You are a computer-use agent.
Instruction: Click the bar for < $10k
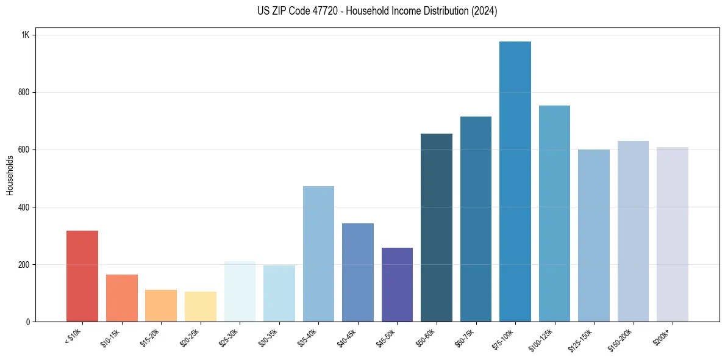82,276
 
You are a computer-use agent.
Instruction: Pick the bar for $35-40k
318,254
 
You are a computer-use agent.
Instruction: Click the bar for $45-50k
397,284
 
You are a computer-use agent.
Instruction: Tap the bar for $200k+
672,234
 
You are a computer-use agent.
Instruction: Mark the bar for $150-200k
633,231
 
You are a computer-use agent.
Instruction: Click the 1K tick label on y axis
26,35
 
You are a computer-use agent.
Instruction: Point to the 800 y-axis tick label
24,92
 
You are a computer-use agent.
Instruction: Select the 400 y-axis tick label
24,207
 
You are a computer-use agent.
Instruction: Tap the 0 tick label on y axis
28,322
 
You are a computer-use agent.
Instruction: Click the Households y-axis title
10,175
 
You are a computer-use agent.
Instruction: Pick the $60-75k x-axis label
463,337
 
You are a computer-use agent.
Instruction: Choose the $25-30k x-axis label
227,337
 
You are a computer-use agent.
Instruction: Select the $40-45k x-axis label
345,337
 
